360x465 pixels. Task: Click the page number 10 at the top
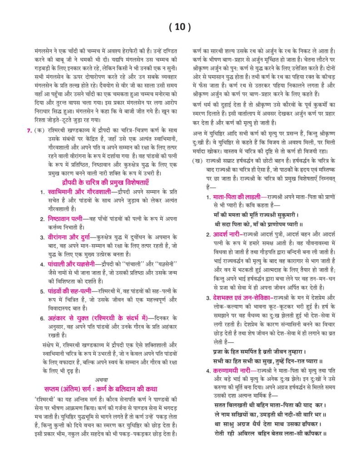point(179,27)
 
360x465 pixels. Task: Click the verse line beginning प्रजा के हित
point(262,351)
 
